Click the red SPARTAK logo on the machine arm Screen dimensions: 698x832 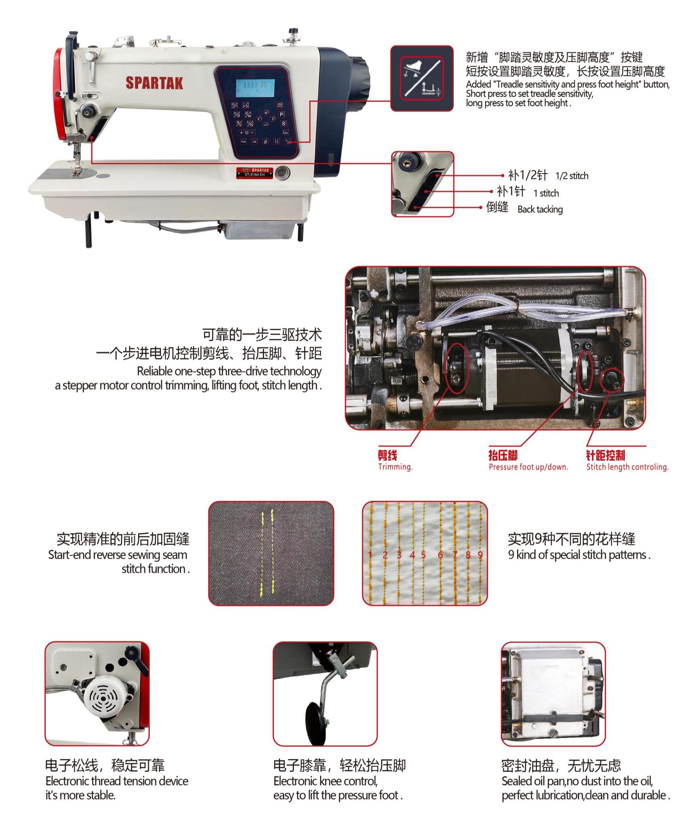click(155, 83)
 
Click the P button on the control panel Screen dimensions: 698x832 click(282, 114)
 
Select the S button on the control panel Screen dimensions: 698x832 click(284, 124)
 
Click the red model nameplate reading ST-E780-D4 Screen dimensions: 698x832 click(255, 172)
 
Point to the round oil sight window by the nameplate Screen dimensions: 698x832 click(282, 173)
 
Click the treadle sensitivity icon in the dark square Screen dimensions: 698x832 click(422, 78)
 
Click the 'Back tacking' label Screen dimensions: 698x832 click(540, 209)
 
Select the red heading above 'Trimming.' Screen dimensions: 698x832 click(388, 455)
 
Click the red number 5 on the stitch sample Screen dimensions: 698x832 click(424, 555)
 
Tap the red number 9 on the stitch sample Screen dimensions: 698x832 click(480, 555)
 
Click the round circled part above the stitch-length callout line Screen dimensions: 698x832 click(612, 380)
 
